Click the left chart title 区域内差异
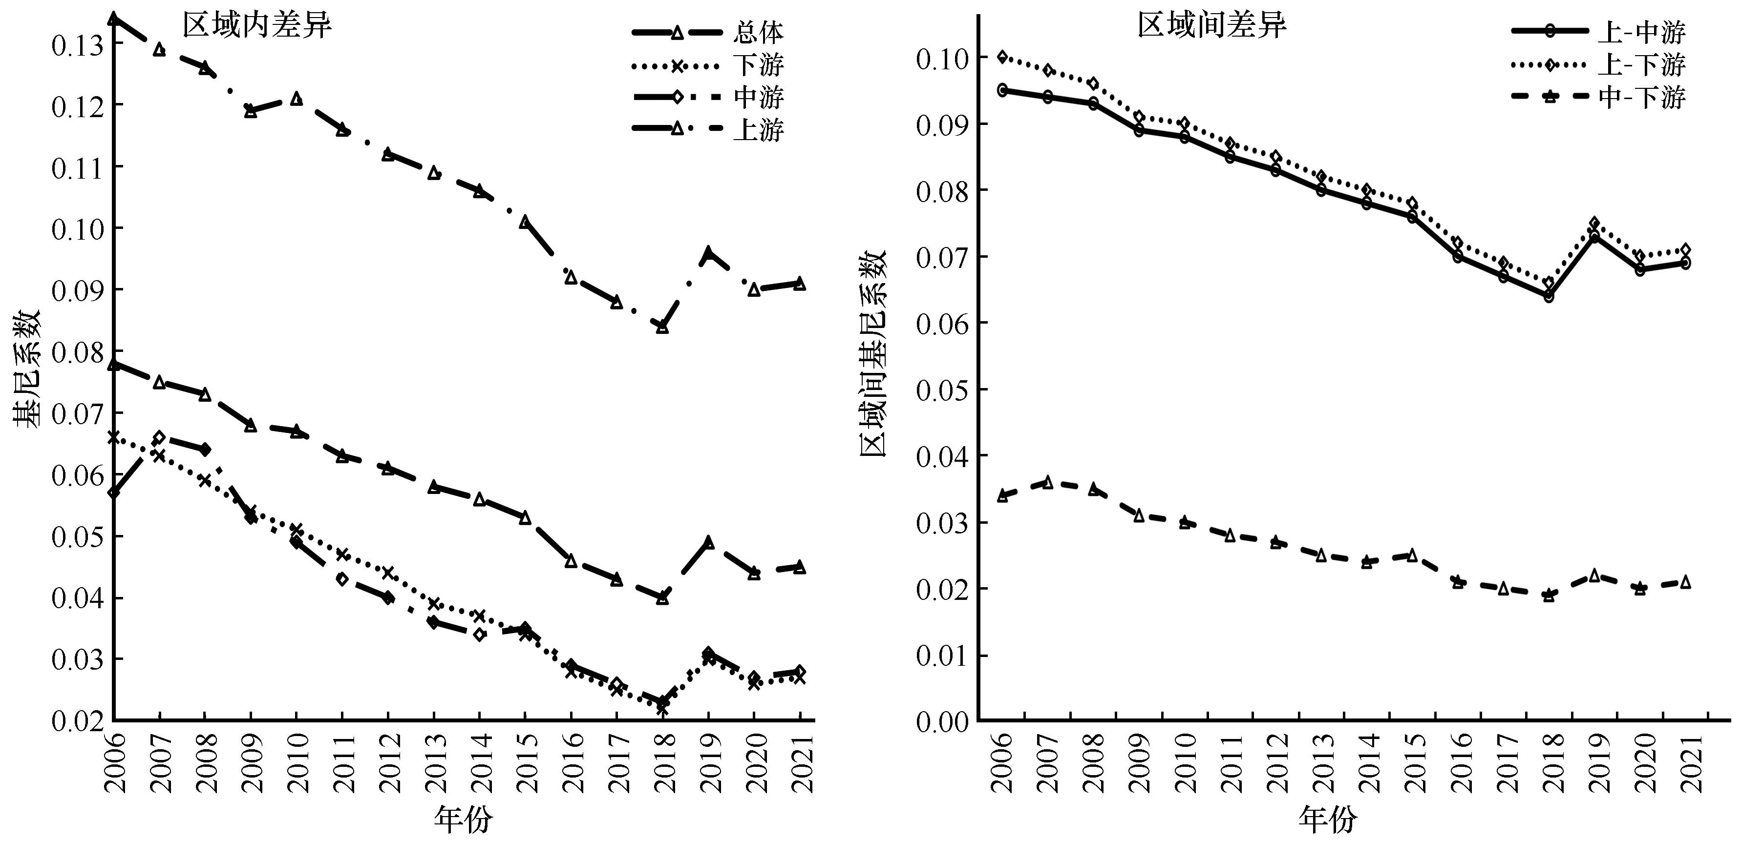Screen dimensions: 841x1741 [257, 26]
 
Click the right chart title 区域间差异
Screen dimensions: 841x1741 [1212, 26]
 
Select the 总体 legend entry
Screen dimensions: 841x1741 [758, 32]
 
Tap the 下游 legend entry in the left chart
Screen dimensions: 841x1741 [758, 65]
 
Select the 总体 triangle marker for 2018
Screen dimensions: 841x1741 [662, 598]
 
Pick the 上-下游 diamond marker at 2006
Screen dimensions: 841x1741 [1002, 57]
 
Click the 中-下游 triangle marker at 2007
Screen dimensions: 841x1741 [1047, 482]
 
